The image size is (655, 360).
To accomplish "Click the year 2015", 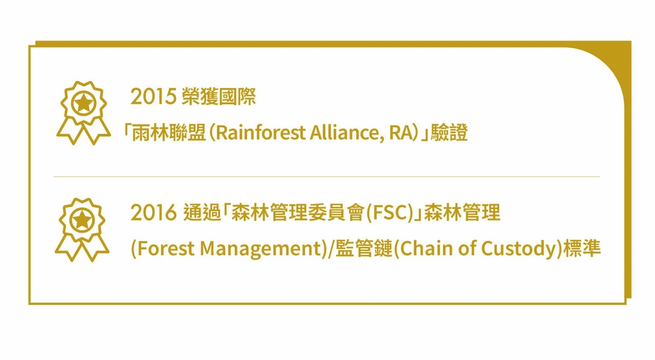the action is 153,97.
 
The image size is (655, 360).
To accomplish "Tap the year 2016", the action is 153,212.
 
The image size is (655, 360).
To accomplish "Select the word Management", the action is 261,249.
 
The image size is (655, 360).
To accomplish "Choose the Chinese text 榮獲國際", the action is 219,97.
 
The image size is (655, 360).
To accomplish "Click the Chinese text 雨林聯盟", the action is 169,133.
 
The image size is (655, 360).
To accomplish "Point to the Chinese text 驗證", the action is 449,133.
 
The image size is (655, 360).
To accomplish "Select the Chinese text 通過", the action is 202,212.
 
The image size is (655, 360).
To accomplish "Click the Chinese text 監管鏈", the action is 364,249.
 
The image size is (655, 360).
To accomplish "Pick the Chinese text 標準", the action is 582,249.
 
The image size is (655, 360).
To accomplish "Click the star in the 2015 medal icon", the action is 83,103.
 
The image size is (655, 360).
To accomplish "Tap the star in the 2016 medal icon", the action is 82,220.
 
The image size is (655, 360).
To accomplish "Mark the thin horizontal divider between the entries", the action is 326,176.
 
